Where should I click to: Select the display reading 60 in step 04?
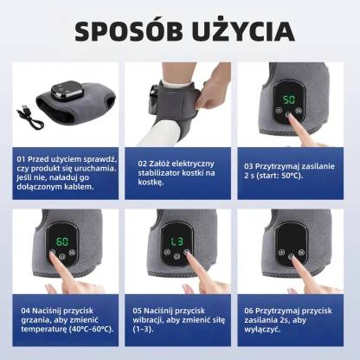pyautogui.click(x=63, y=241)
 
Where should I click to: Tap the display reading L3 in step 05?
pyautogui.click(x=177, y=241)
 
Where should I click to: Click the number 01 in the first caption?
pyautogui.click(x=21, y=159)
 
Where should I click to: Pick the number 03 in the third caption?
pyautogui.click(x=248, y=165)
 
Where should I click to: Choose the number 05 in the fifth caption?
pyautogui.click(x=138, y=309)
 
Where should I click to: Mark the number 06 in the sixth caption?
pyautogui.click(x=248, y=309)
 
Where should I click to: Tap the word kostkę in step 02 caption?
pyautogui.click(x=152, y=183)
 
